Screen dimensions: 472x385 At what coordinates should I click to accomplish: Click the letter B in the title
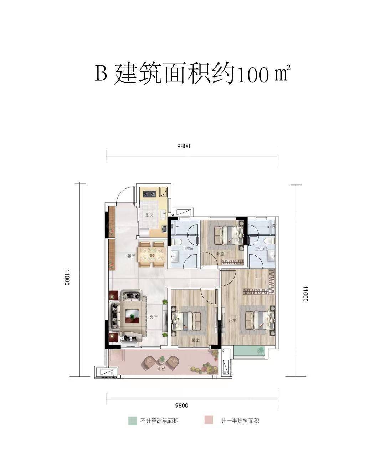(x=101, y=73)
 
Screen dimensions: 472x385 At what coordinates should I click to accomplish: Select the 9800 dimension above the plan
(x=183, y=146)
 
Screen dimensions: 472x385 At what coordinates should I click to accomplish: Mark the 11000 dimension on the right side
(x=305, y=293)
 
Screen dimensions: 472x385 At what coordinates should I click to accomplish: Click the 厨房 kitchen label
(x=149, y=215)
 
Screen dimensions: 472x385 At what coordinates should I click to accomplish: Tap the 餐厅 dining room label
(x=132, y=256)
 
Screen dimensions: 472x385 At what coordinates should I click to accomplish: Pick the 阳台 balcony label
(x=161, y=369)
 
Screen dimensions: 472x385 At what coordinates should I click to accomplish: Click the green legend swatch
(x=133, y=420)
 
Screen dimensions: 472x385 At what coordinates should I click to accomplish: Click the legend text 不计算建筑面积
(x=159, y=421)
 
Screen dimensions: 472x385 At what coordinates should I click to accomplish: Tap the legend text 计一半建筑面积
(x=240, y=421)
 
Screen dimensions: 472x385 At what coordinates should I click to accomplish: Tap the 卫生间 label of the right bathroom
(x=261, y=249)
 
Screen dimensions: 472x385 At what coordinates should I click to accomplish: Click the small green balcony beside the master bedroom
(x=250, y=351)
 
